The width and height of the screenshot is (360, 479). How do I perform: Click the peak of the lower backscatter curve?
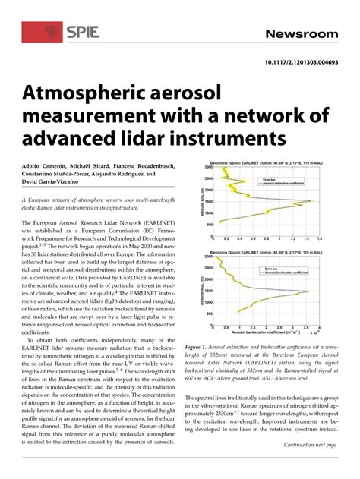point(308,291)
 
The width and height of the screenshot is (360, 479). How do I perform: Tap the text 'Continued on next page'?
point(310,446)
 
